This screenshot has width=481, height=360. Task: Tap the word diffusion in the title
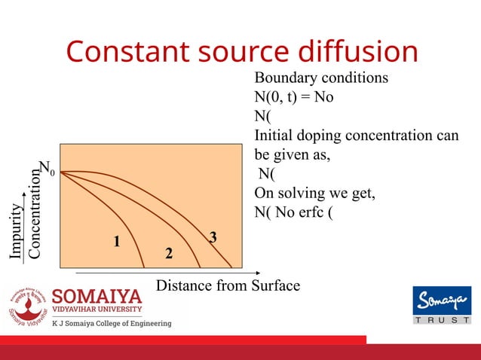(358, 52)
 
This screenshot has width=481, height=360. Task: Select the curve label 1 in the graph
(117, 243)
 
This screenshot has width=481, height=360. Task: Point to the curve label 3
(213, 238)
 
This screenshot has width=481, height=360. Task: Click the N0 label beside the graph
(47, 168)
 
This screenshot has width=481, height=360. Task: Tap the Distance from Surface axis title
(228, 285)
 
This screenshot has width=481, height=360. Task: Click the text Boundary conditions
(321, 78)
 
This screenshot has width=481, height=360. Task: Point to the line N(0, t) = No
(294, 97)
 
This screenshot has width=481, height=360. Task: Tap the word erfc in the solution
(310, 211)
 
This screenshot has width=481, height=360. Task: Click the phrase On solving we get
(314, 192)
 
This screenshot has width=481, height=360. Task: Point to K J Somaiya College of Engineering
(111, 324)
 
